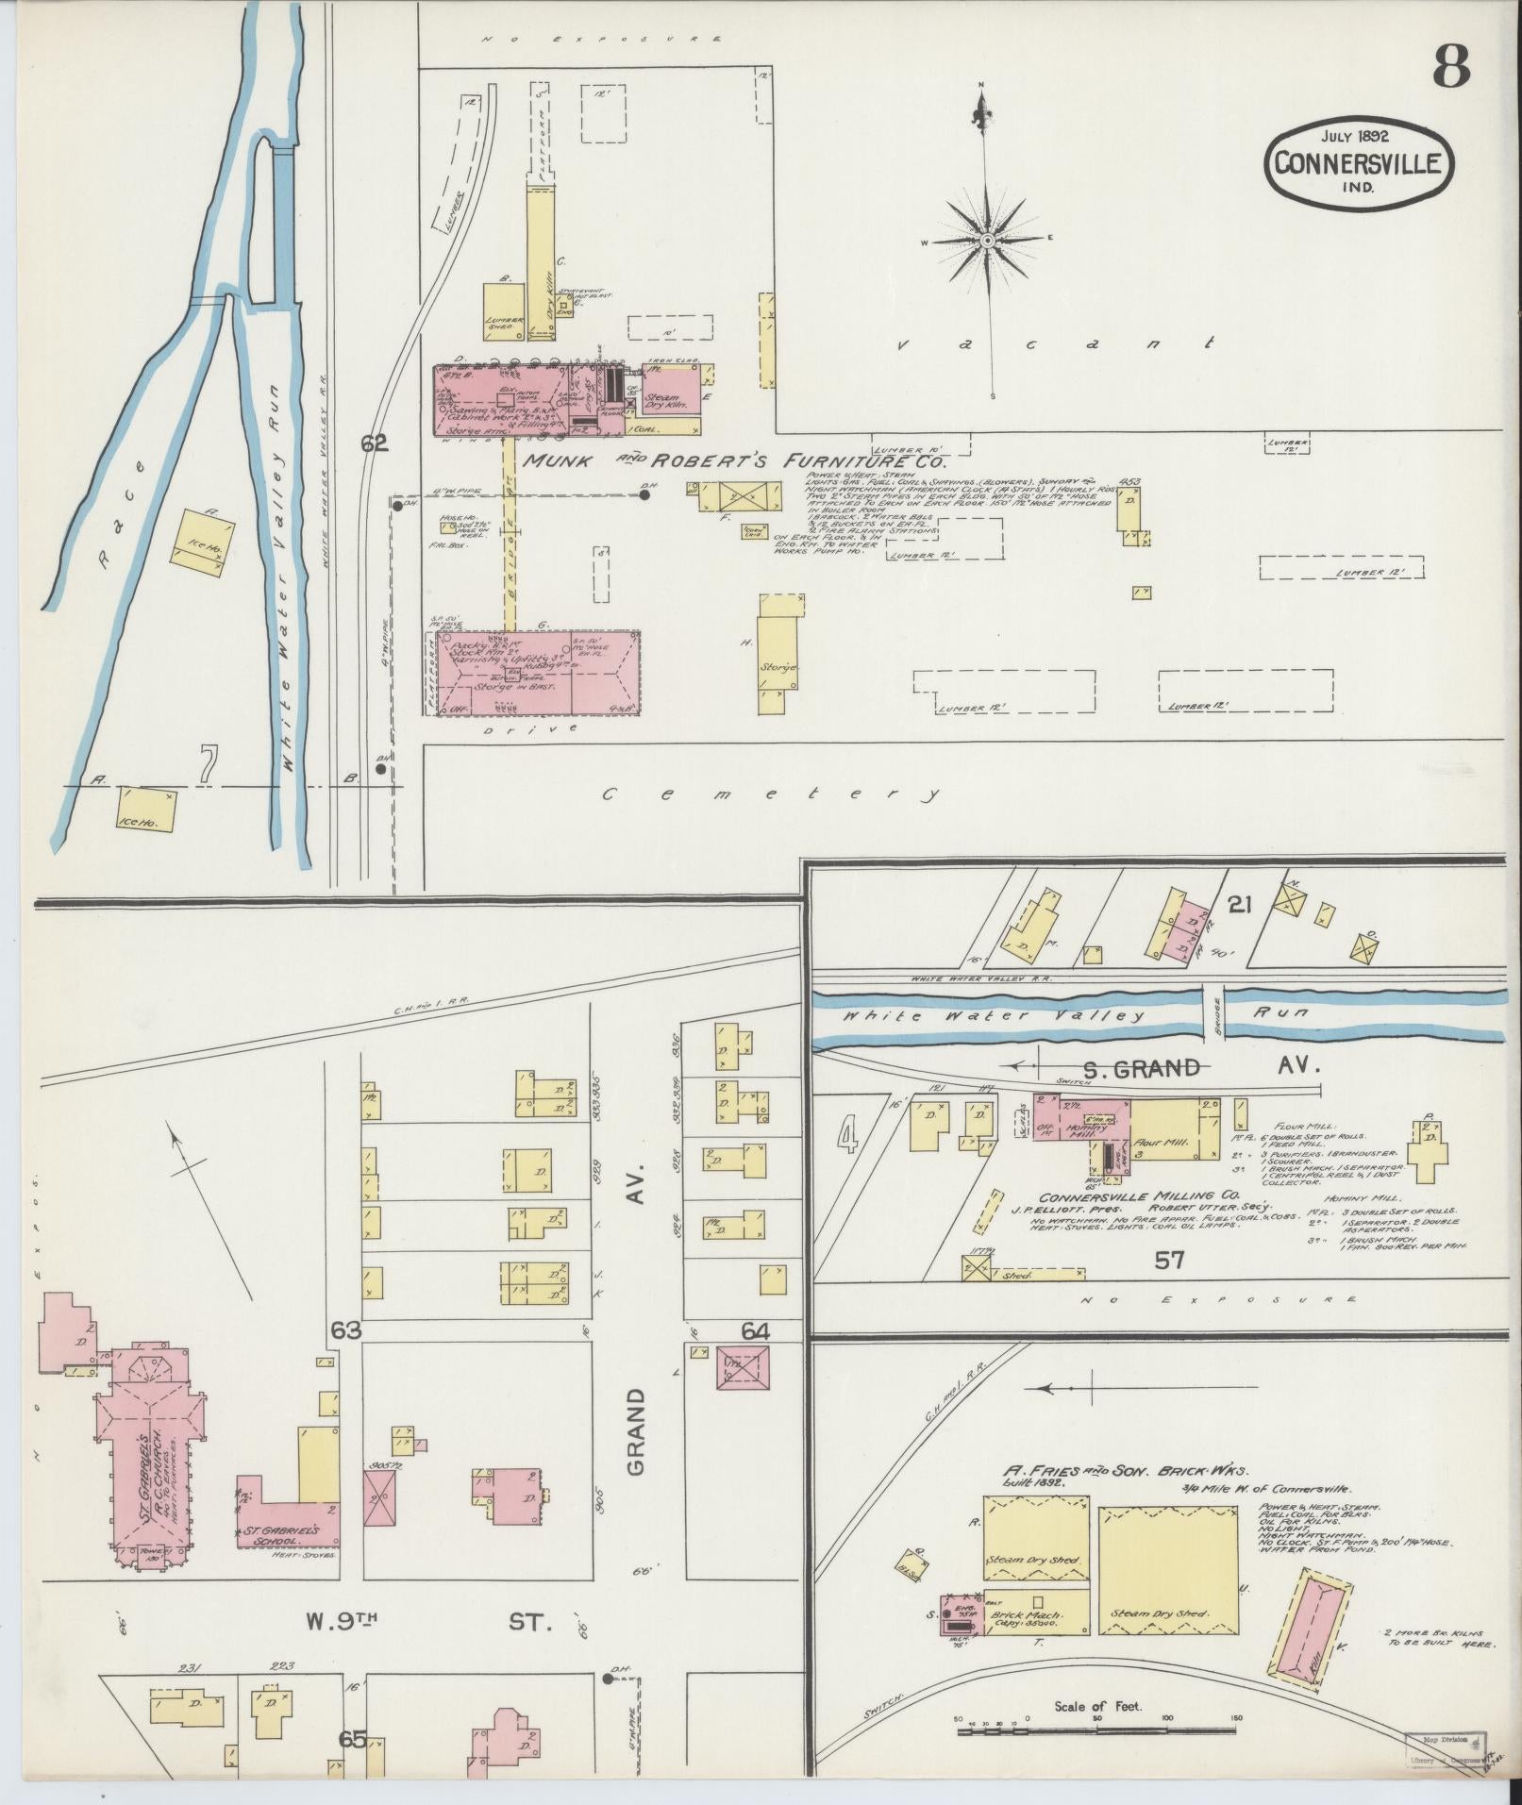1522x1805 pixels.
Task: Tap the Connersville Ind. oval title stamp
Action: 1358,162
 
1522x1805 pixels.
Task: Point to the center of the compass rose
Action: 986,242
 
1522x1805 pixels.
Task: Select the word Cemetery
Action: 770,794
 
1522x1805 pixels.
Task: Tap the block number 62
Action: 375,442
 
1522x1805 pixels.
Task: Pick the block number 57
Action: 1166,1259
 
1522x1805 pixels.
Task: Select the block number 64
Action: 756,1331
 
